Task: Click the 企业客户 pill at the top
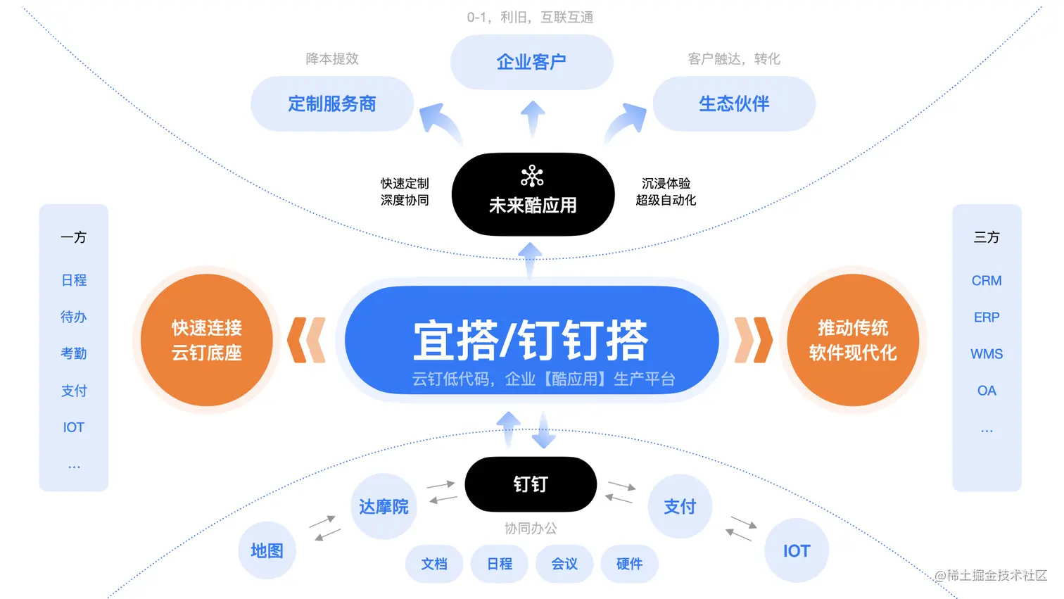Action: coord(531,62)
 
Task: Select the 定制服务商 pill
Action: coord(331,104)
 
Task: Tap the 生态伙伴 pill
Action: coord(734,104)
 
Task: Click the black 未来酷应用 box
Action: coord(533,195)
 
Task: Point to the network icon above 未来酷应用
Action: coord(532,176)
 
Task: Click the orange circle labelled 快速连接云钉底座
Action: coord(206,340)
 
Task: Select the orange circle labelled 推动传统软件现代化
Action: coord(852,340)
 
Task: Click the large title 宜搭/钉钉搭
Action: coord(531,340)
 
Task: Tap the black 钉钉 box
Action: coord(531,484)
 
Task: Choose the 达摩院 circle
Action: coord(384,507)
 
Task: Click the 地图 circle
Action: coord(267,550)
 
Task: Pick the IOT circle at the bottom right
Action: coord(797,550)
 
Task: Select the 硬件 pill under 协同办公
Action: coord(629,564)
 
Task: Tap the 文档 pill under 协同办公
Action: coord(434,564)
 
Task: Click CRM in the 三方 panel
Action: coord(987,281)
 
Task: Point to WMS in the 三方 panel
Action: coord(987,354)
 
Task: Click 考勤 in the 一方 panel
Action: coord(74,353)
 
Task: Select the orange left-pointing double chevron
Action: coord(307,340)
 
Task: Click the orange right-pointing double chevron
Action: coord(753,340)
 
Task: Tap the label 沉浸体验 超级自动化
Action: coord(666,191)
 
